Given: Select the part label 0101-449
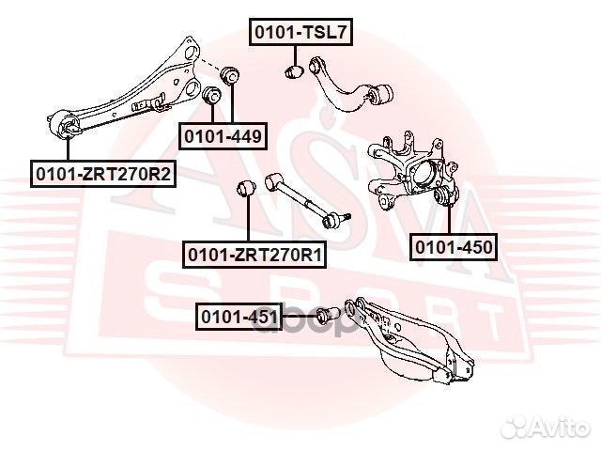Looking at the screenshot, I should click(223, 136).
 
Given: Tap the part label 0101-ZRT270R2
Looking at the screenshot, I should click(103, 174).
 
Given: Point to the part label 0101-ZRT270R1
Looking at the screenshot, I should click(255, 254).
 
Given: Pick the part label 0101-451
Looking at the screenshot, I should click(239, 317).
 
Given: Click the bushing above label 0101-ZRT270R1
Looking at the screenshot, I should click(247, 188).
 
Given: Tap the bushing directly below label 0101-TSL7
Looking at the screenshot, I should click(293, 71).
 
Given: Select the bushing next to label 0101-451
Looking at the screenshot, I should click(324, 315).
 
